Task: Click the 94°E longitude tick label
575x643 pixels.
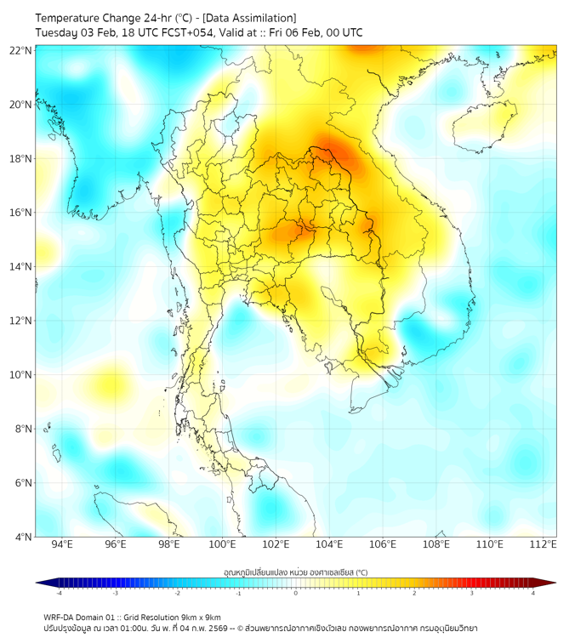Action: coord(62,544)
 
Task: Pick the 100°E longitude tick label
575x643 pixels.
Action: coord(223,544)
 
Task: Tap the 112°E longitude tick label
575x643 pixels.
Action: coord(544,544)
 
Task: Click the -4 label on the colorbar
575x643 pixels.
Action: coord(59,593)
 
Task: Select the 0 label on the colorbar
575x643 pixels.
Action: coord(296,593)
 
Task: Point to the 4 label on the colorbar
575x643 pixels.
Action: coord(533,593)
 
